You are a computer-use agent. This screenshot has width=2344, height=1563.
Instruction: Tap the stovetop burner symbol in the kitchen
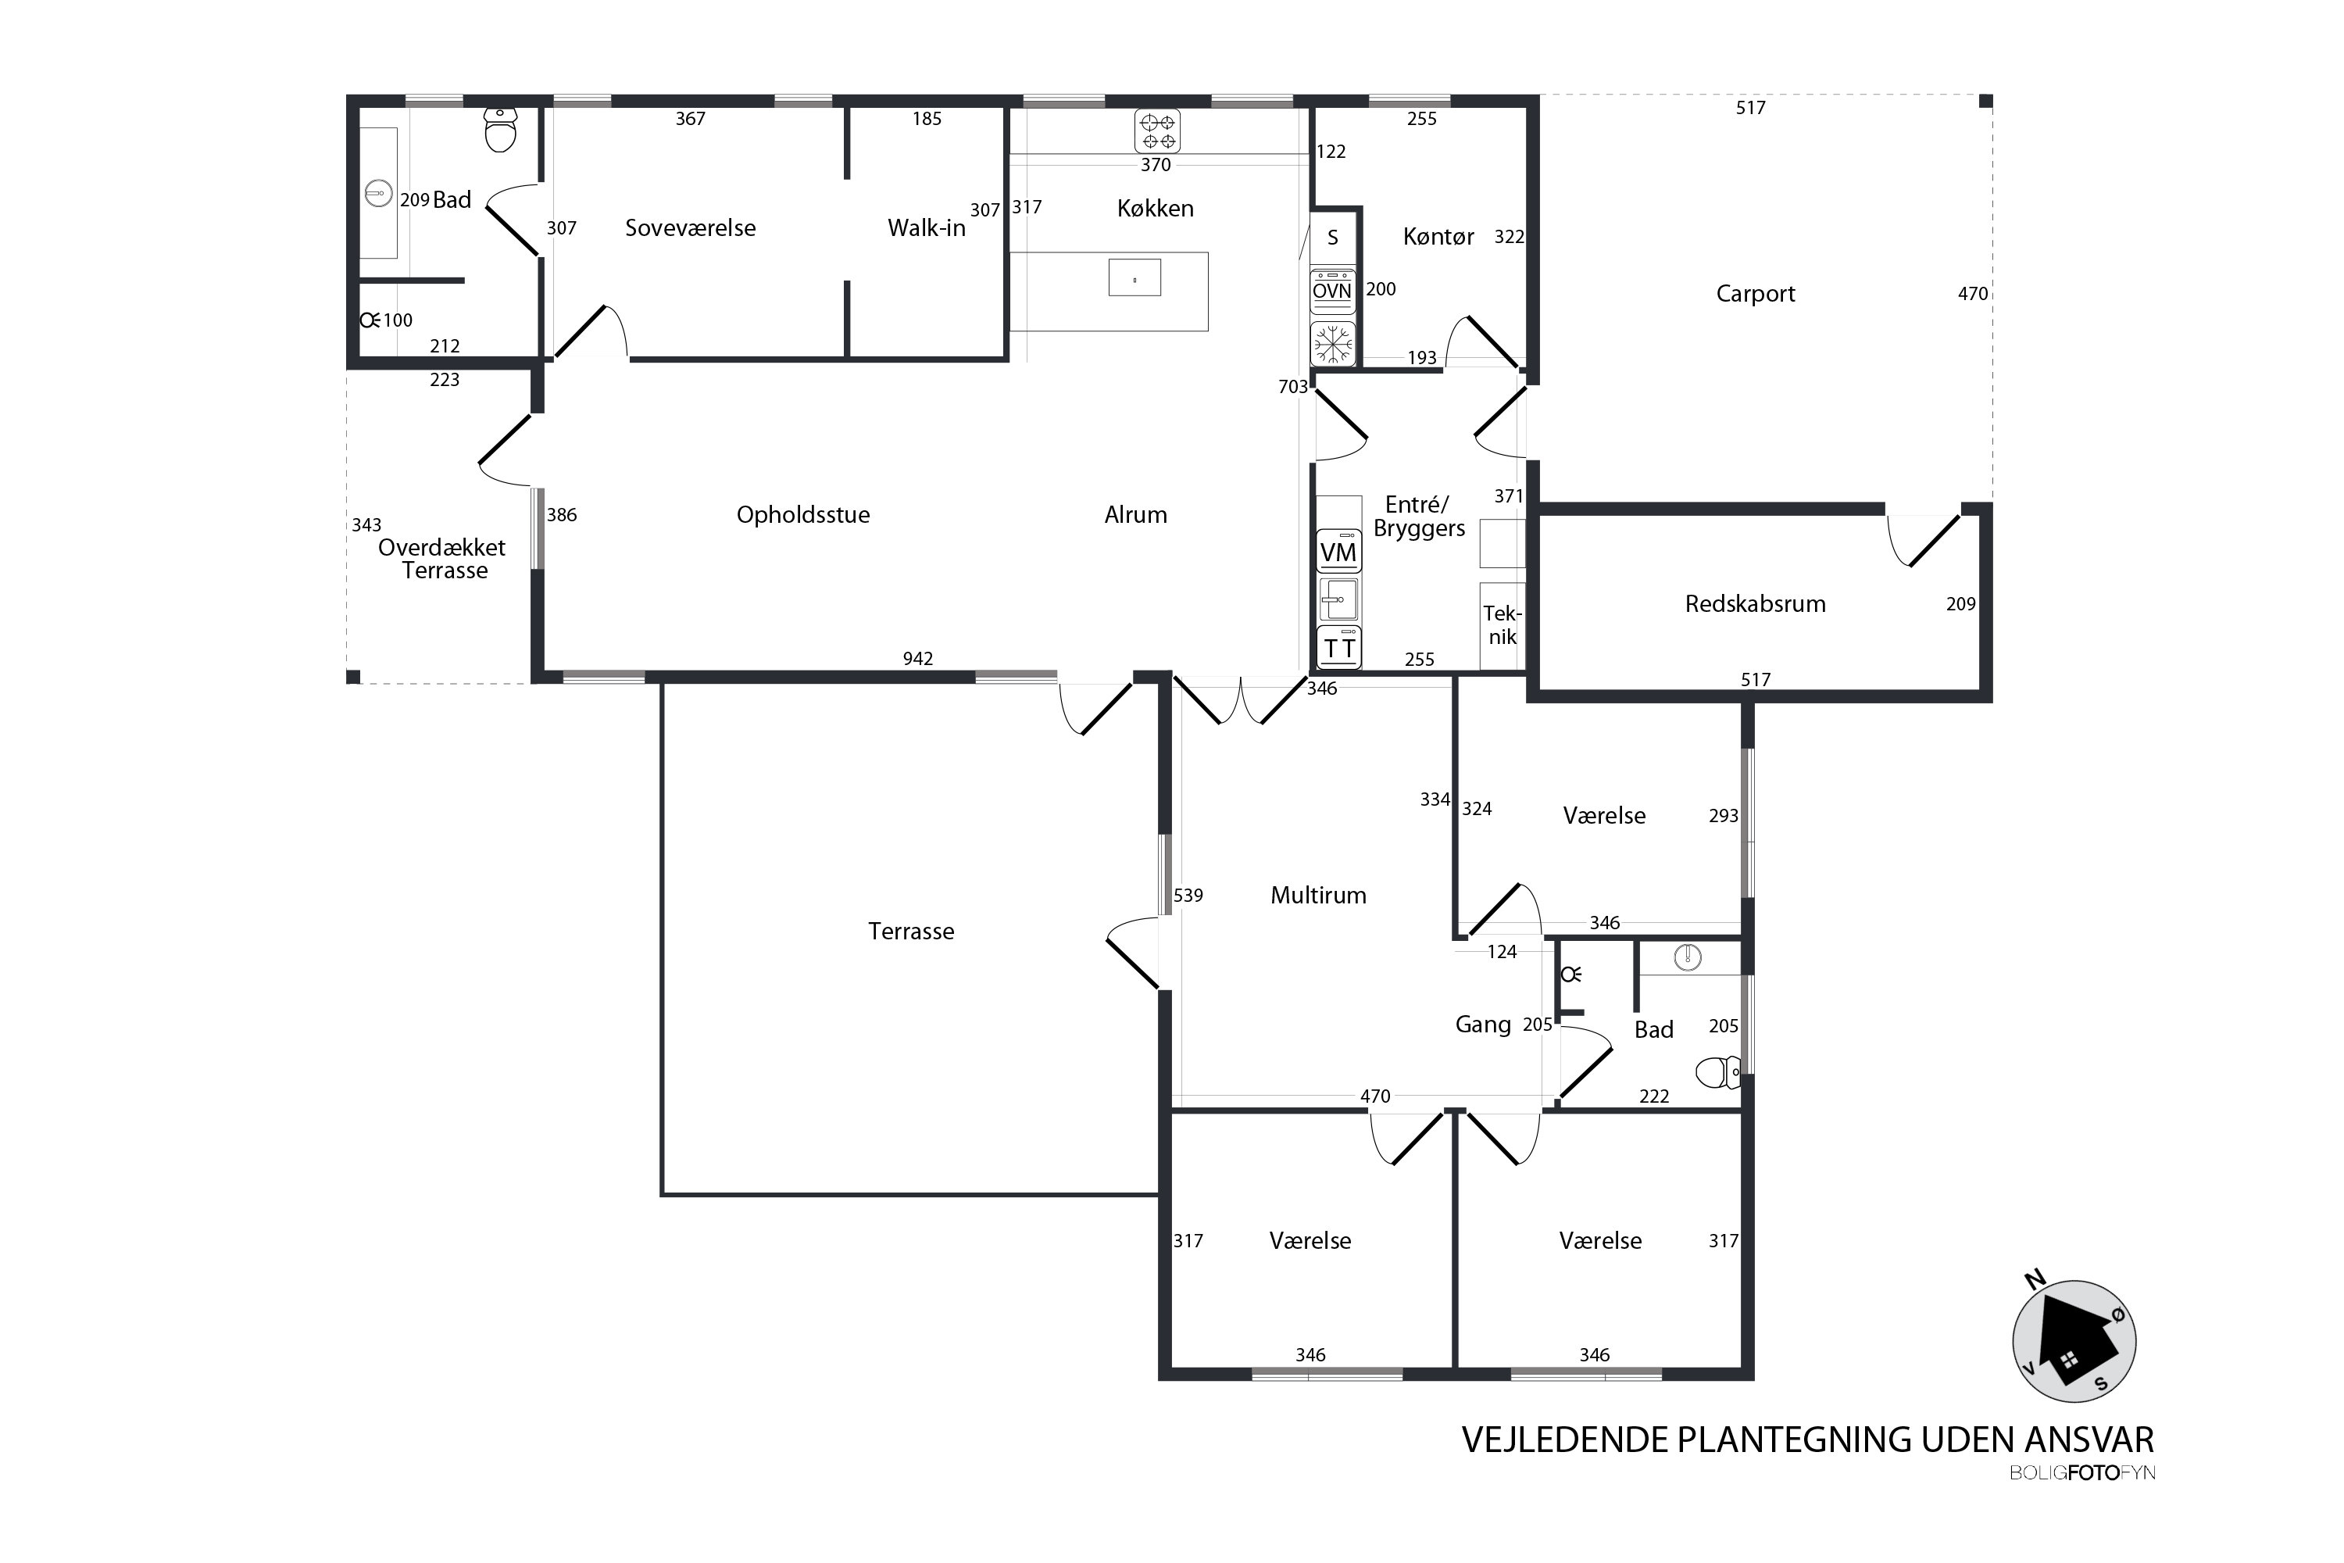[x=1157, y=131]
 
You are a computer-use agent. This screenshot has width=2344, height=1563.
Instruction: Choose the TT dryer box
[x=1338, y=648]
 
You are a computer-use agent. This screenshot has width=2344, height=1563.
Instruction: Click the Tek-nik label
[x=1502, y=625]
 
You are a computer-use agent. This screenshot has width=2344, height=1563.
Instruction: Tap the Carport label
[x=1755, y=294]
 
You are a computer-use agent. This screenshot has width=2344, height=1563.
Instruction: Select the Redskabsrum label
[x=1755, y=603]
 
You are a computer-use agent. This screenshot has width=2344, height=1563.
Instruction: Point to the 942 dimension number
[x=918, y=659]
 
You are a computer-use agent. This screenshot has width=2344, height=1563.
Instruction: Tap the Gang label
[x=1483, y=1025]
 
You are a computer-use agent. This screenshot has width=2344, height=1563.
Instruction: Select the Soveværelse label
[x=690, y=228]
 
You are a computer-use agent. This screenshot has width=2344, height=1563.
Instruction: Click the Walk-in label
[x=926, y=228]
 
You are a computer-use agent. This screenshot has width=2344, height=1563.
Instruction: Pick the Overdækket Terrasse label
[x=442, y=560]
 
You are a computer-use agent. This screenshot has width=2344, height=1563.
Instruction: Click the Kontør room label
[x=1438, y=236]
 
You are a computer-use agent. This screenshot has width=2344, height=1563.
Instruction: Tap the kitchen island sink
[x=1134, y=278]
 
